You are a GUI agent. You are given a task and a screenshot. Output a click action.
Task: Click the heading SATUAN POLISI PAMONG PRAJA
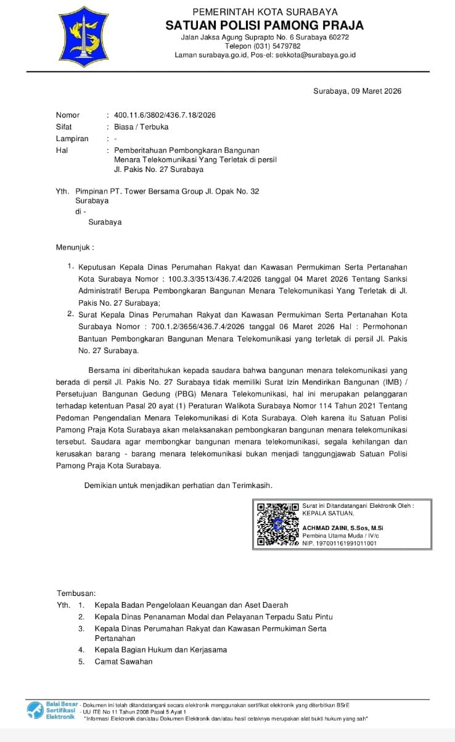point(264,25)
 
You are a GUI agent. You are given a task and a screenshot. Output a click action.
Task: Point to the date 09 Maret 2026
point(376,91)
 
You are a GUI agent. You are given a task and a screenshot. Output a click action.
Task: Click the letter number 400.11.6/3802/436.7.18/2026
point(165,115)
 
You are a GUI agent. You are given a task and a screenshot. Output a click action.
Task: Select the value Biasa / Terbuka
point(141,127)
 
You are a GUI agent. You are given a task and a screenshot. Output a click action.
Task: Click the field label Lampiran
point(72,139)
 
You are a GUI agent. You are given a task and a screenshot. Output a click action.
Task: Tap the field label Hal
point(62,150)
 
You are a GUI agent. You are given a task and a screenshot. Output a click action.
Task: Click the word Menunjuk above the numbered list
point(75,247)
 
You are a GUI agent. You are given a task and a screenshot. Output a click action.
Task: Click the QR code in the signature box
point(277,525)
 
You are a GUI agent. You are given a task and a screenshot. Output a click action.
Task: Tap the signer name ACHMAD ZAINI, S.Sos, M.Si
point(343,528)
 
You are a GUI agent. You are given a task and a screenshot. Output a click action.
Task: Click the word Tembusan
point(76,593)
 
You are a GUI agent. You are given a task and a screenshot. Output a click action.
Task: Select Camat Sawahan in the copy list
point(123,661)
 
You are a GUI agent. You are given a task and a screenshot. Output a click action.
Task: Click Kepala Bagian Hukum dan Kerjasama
point(161,650)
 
